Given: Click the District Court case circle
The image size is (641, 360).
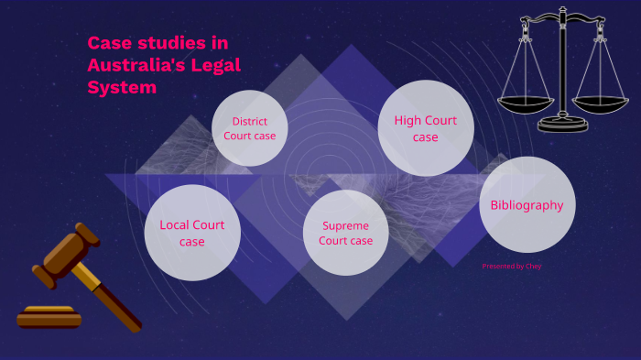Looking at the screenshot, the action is click(249, 128).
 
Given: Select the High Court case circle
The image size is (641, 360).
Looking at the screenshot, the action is click(426, 128).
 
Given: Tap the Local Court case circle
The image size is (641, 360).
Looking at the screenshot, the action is click(192, 233).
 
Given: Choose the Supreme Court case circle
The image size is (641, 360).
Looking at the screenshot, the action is click(345, 233).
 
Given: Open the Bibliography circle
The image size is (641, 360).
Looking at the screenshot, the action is click(527, 205).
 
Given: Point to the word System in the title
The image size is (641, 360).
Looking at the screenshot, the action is click(122, 88).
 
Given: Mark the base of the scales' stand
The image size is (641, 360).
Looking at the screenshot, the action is click(563, 125).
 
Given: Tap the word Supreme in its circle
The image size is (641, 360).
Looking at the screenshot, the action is click(345, 226).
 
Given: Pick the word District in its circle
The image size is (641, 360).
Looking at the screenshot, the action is click(250, 121).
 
